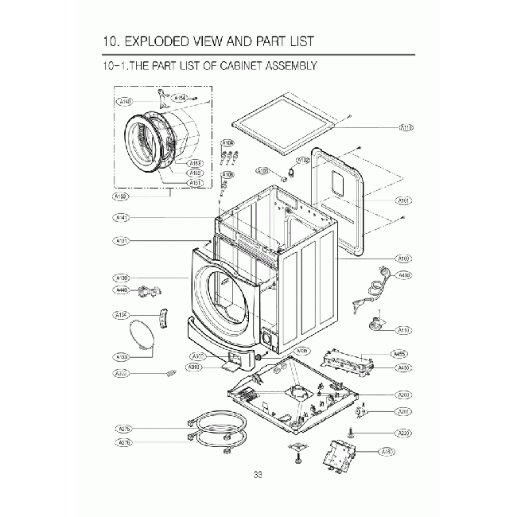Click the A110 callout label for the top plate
(406, 127)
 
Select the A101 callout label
(403, 201)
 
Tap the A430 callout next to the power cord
(404, 275)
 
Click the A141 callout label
(122, 217)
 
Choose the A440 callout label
(122, 290)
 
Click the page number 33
(258, 475)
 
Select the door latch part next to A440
(146, 293)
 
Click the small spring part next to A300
(168, 372)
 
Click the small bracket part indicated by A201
(363, 411)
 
